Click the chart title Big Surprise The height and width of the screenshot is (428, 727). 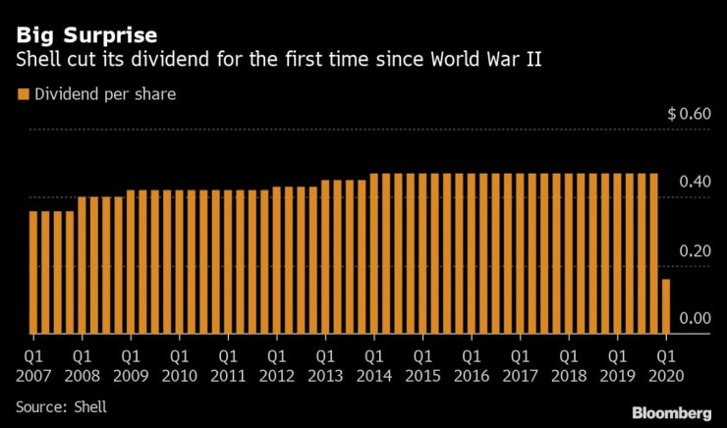tap(86, 37)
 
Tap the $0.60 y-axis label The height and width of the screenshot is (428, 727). tap(688, 114)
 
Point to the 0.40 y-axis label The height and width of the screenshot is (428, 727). tap(694, 183)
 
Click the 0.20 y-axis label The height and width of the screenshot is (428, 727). tap(694, 250)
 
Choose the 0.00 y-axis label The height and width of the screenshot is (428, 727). tap(694, 318)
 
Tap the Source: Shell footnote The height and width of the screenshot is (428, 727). tap(61, 405)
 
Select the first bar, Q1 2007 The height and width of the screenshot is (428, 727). tap(33, 272)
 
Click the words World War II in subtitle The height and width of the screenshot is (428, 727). tap(491, 61)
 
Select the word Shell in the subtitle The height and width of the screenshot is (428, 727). tap(36, 61)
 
